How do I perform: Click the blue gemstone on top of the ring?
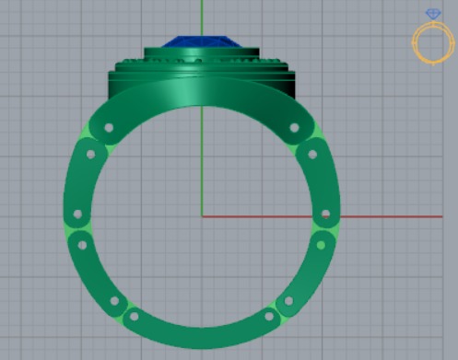pos(202,43)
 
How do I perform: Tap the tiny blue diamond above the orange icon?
pos(433,13)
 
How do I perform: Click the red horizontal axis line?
pos(323,217)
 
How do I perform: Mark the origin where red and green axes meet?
pos(202,217)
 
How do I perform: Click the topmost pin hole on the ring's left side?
pos(108,128)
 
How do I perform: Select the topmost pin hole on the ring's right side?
pos(295,128)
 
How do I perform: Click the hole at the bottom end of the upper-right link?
pos(325,215)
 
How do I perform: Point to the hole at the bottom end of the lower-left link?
pos(114,301)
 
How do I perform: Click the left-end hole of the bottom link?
pos(135,317)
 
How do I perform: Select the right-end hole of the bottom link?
pos(269,317)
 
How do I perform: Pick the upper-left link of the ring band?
pos(85,170)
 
